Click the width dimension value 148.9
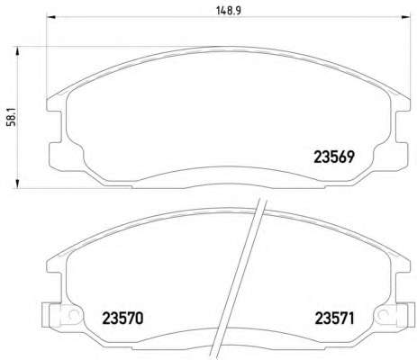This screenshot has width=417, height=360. (229, 11)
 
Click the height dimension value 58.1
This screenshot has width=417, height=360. (12, 119)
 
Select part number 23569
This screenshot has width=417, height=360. (334, 157)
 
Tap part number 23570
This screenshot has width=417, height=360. (122, 319)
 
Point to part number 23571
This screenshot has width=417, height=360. (334, 319)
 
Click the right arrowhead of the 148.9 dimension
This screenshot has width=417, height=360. (405, 17)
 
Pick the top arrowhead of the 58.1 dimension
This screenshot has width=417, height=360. (17, 51)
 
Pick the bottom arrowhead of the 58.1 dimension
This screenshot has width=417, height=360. (17, 184)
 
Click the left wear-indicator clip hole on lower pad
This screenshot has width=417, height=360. (73, 314)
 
